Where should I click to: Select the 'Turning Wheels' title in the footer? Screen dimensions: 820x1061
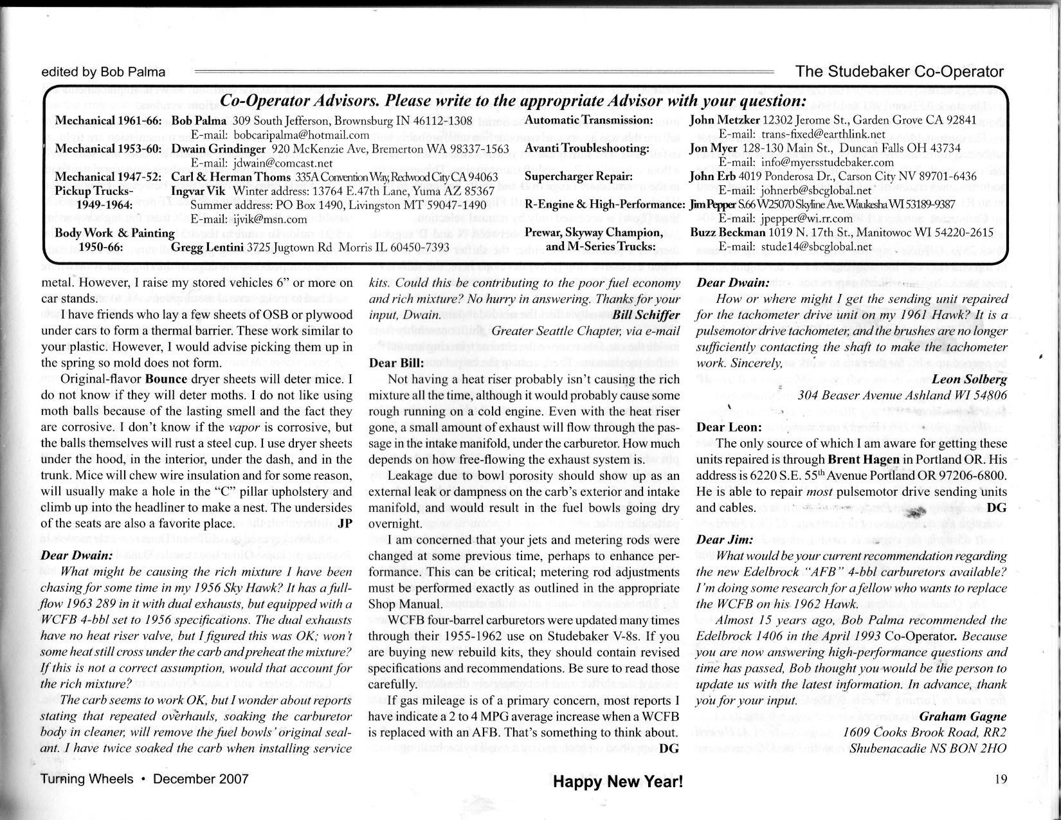click(87, 779)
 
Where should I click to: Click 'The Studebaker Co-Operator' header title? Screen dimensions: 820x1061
click(899, 71)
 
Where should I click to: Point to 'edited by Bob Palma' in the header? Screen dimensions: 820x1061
click(103, 72)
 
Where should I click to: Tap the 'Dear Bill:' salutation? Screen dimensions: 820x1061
click(395, 363)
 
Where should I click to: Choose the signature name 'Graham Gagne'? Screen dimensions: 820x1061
click(963, 716)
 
